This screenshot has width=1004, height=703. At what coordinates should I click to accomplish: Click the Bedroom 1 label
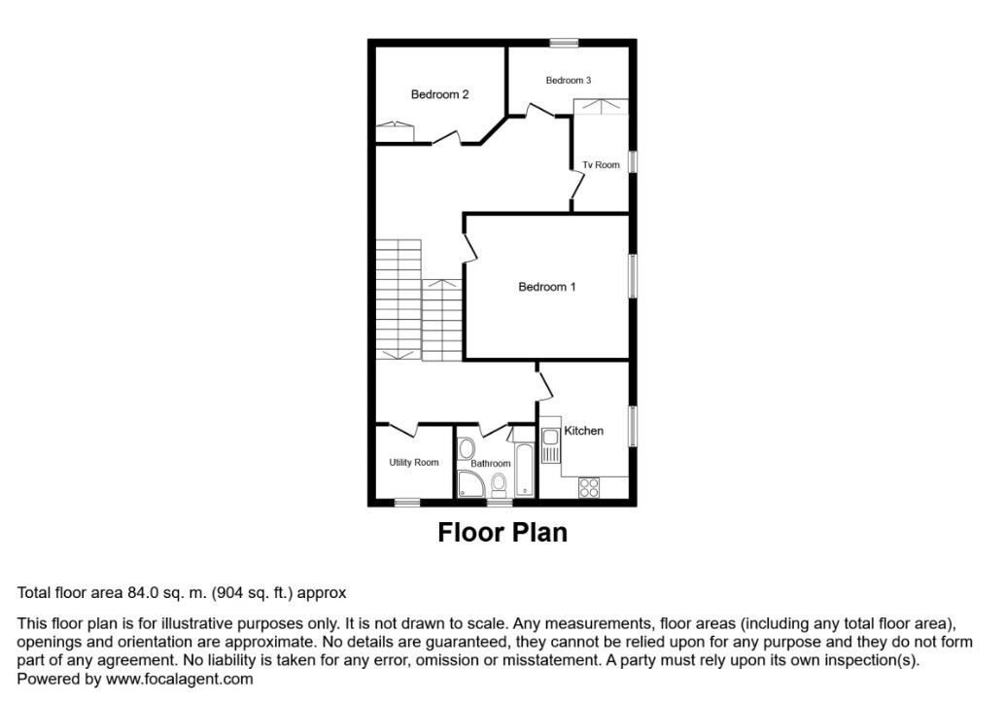[x=547, y=287]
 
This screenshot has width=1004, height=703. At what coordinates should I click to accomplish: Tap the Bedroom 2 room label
[x=439, y=94]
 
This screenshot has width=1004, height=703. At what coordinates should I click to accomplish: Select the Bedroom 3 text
[x=569, y=80]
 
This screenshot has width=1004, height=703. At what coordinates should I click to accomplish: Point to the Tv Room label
[x=601, y=165]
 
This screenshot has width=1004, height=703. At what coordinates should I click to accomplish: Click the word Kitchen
[x=584, y=431]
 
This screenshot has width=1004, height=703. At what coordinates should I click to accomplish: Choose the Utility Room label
[x=414, y=463]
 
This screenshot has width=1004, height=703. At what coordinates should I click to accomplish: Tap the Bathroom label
[x=491, y=464]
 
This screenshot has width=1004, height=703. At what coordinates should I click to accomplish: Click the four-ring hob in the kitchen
[x=589, y=489]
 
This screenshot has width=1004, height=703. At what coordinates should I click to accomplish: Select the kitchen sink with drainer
[x=550, y=448]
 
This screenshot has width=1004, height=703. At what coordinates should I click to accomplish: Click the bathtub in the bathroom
[x=525, y=471]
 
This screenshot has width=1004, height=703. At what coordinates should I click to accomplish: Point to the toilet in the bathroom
[x=500, y=484]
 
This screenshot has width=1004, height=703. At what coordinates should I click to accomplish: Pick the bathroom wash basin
[x=465, y=448]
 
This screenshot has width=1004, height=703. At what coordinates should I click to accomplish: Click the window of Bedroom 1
[x=633, y=276]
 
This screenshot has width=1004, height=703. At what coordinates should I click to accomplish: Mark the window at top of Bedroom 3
[x=563, y=42]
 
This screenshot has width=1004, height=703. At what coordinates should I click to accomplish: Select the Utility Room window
[x=407, y=503]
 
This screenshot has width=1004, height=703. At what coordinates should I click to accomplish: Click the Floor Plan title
[x=502, y=533]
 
